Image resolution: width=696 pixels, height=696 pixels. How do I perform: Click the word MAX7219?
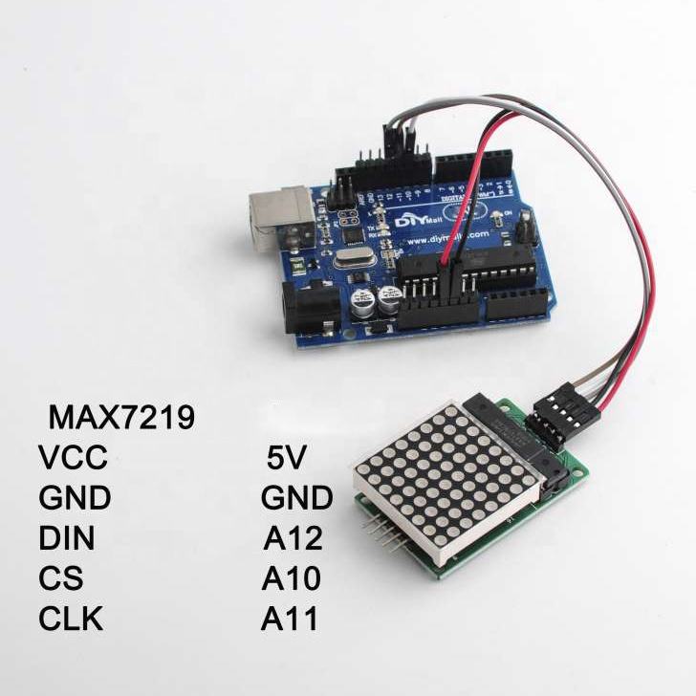click(x=121, y=418)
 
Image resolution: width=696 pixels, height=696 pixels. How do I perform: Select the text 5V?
click(x=286, y=459)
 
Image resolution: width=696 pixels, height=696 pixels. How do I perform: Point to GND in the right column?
click(x=296, y=499)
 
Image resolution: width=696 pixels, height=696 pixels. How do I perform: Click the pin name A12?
click(x=293, y=539)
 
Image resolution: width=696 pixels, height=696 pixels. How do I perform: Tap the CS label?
click(x=61, y=579)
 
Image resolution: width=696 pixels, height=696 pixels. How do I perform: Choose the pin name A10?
click(x=293, y=579)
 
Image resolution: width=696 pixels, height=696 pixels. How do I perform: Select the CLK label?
click(x=71, y=620)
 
